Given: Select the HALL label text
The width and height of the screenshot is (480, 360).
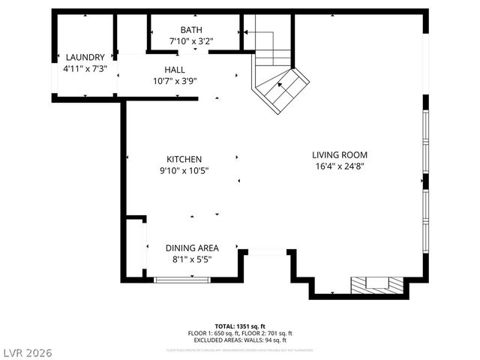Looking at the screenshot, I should pyautogui.click(x=175, y=70).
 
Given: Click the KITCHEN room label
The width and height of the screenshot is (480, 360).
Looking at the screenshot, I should pyautogui.click(x=184, y=159).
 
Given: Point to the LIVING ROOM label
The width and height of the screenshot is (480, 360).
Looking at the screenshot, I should pyautogui.click(x=340, y=155).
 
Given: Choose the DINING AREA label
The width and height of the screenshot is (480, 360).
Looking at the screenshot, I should pyautogui.click(x=192, y=248).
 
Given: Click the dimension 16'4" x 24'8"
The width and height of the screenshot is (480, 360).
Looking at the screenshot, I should pyautogui.click(x=340, y=167).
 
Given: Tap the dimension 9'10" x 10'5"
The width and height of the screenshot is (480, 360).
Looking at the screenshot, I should pyautogui.click(x=184, y=171).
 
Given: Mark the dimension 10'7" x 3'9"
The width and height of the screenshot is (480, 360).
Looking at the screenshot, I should pyautogui.click(x=175, y=81).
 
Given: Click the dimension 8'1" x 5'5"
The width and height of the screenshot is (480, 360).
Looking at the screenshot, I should pyautogui.click(x=192, y=260).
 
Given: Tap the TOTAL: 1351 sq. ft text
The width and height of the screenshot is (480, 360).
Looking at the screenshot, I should pyautogui.click(x=240, y=326).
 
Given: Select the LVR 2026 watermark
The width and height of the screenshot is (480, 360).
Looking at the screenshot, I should pyautogui.click(x=27, y=352).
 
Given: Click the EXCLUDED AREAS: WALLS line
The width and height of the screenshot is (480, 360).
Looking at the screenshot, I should pyautogui.click(x=240, y=340).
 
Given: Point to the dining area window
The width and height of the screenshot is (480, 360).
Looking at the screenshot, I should pyautogui.click(x=182, y=280).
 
